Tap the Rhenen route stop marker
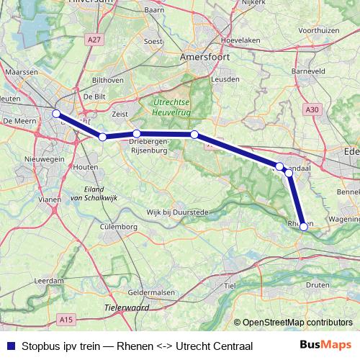click(304, 227)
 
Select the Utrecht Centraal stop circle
click(56, 113)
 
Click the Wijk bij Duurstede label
click(177, 212)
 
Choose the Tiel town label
click(230, 286)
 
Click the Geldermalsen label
click(151, 293)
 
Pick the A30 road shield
click(311, 109)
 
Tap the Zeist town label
click(121, 114)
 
